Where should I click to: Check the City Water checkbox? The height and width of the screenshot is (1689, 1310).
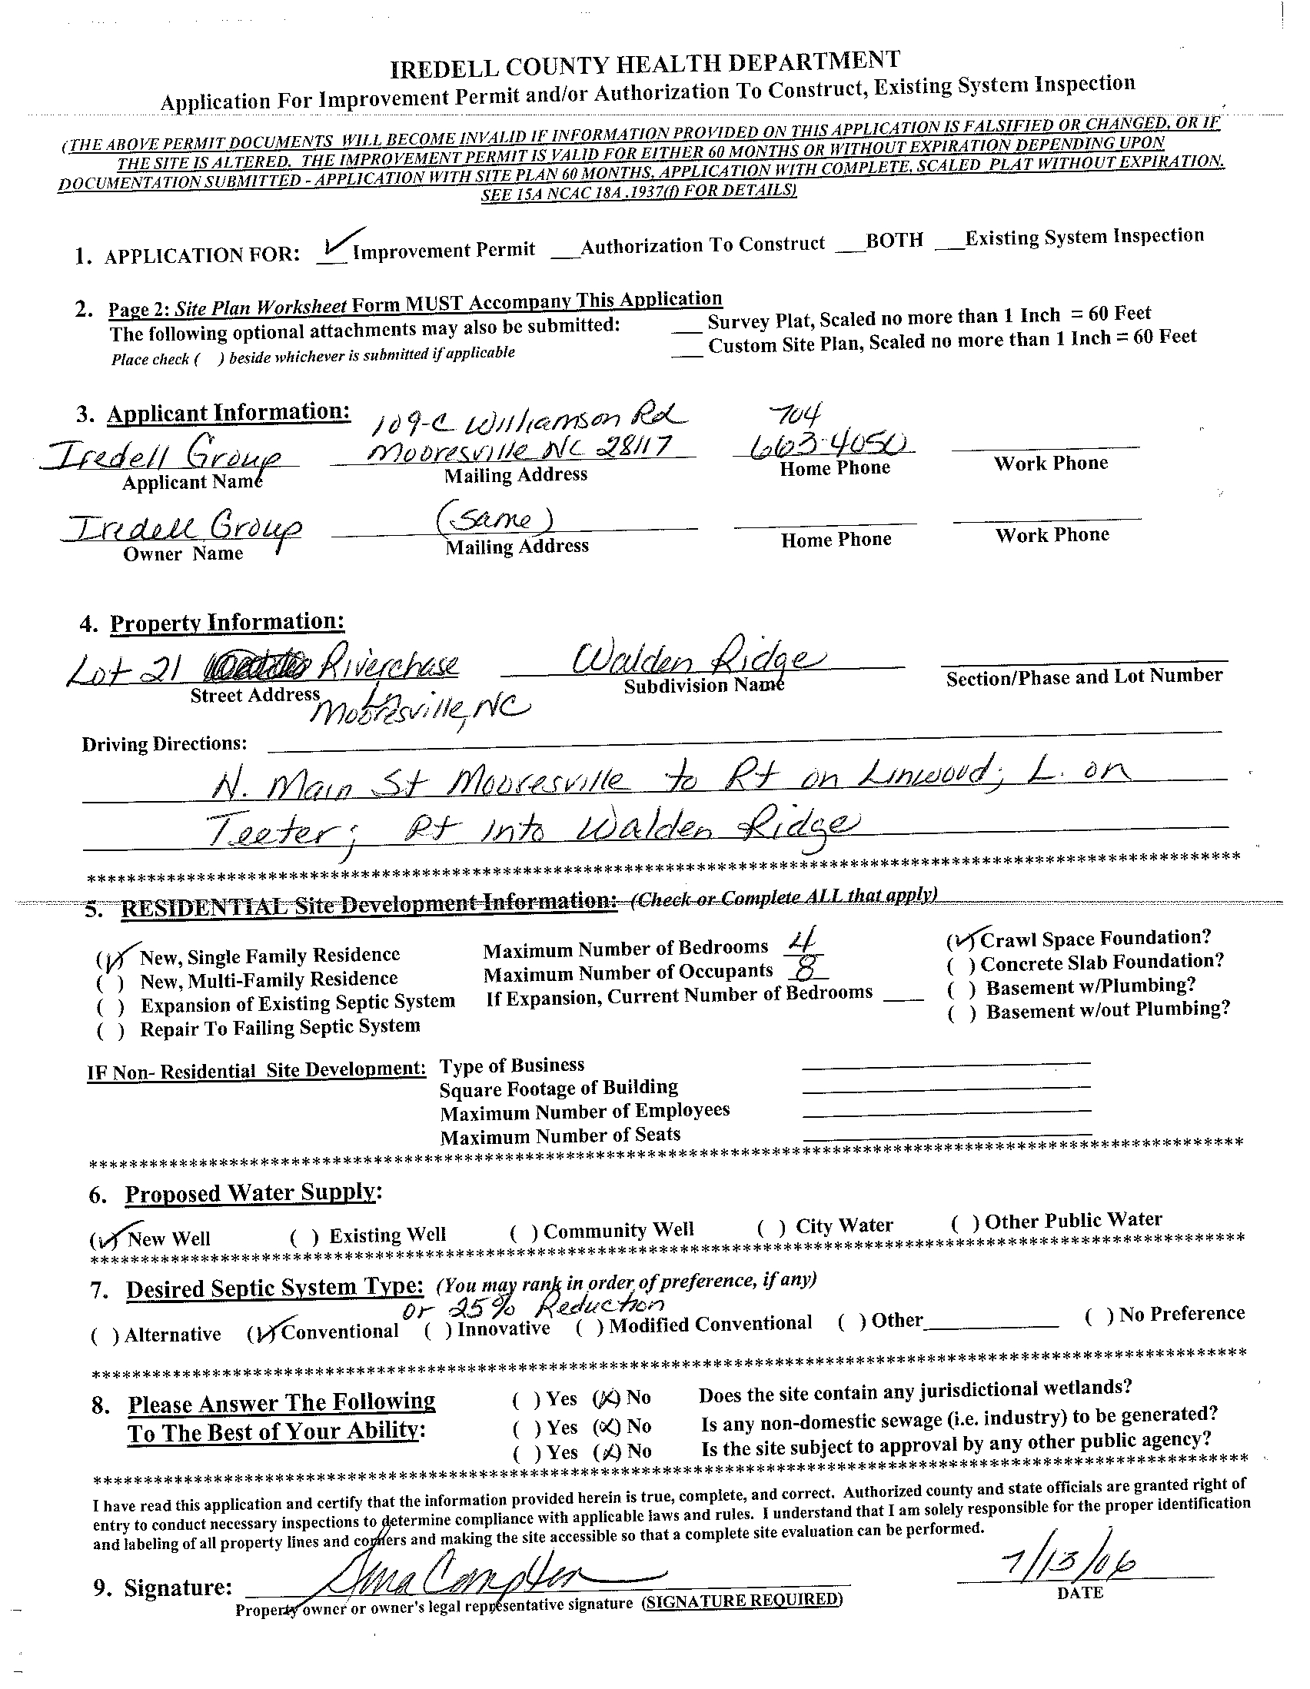tap(771, 1227)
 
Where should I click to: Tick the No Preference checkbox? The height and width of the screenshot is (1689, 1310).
tap(1099, 1315)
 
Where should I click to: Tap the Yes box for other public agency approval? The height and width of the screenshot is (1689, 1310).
tap(527, 1453)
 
